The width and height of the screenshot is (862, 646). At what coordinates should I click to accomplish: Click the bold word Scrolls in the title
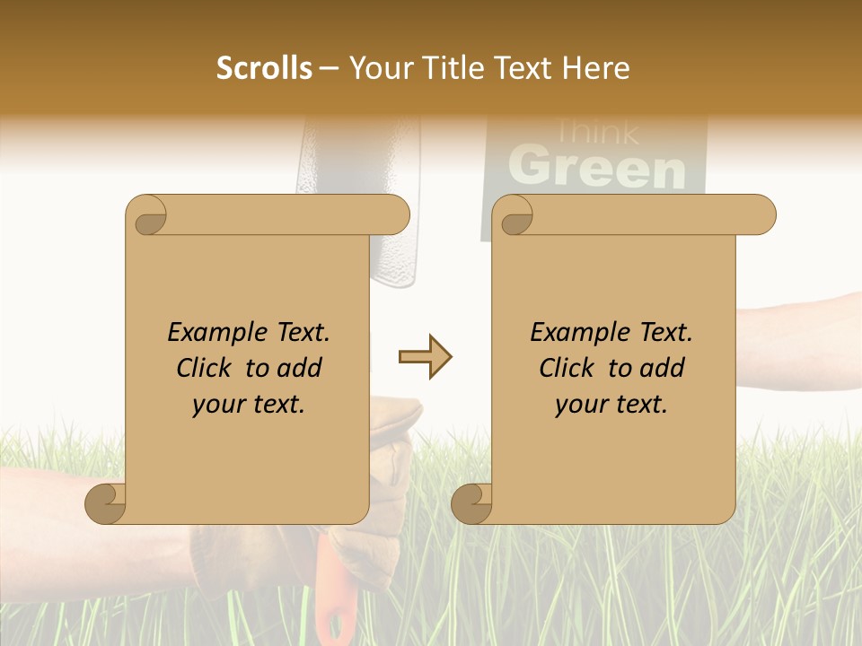coord(265,68)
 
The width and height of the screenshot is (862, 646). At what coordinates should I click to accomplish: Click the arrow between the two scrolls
coord(425,357)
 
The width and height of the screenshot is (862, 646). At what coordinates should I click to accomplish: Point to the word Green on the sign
coord(596,168)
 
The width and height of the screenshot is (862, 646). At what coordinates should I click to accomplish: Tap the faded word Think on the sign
coord(596,133)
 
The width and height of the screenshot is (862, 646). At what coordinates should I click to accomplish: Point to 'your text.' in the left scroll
coord(249,405)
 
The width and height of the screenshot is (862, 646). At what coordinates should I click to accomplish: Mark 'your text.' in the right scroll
coord(611,405)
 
